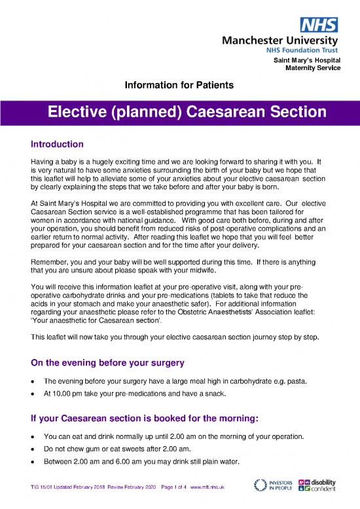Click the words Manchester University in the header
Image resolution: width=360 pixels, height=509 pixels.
click(287, 39)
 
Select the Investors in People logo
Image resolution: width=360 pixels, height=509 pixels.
click(272, 487)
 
